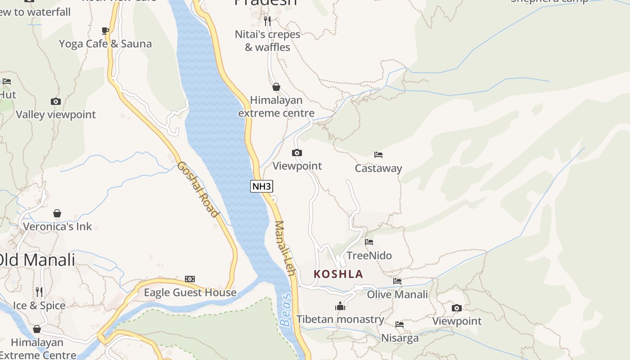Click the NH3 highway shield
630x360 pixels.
click(261, 186)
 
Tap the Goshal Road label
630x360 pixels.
click(198, 189)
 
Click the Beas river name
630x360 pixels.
click(286, 310)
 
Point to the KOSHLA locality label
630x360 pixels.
click(338, 274)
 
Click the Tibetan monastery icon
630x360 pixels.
click(340, 306)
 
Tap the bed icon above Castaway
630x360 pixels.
click(378, 155)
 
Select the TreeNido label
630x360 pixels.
click(369, 256)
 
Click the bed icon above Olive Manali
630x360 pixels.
click(397, 281)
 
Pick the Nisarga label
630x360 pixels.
click(400, 338)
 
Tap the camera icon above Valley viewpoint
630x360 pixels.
click(56, 101)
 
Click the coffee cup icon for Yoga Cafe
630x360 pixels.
click(105, 31)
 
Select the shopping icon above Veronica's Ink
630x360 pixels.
click(57, 213)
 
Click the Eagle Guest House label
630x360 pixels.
click(190, 292)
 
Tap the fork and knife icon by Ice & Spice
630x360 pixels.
click(39, 292)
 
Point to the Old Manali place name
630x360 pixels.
click(37, 260)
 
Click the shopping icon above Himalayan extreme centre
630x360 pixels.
click(276, 87)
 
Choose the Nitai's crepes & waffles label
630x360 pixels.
click(267, 40)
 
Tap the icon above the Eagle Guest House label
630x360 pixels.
click(190, 279)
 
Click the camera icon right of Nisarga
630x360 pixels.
click(457, 308)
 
